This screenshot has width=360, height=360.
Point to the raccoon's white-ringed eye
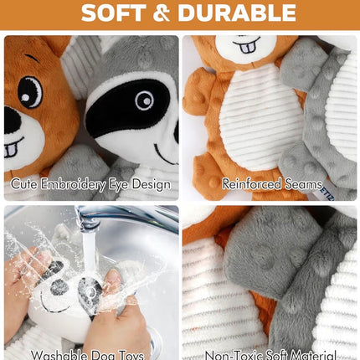click(144, 100)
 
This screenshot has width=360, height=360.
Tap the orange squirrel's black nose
click(11, 119)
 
